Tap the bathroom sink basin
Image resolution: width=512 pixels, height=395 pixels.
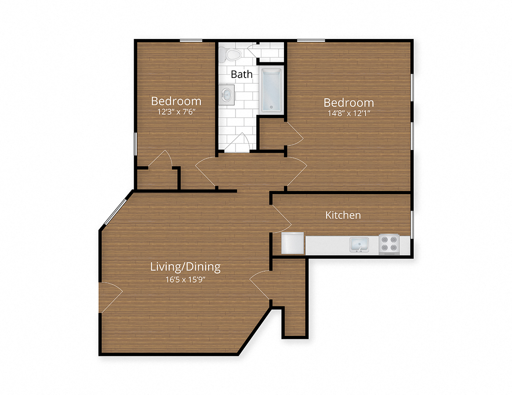(x=227, y=95)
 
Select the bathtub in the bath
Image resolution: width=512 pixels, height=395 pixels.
(x=271, y=90)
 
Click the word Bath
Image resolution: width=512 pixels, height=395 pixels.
(x=242, y=74)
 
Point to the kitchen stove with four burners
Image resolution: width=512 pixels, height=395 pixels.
(x=389, y=244)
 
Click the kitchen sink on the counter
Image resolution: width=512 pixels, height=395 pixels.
(x=359, y=244)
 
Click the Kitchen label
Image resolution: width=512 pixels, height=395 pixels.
(x=343, y=215)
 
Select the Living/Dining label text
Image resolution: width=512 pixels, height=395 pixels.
(x=185, y=266)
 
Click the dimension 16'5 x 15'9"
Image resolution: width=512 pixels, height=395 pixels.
(x=185, y=278)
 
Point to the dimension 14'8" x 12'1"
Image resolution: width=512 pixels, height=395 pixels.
(x=349, y=113)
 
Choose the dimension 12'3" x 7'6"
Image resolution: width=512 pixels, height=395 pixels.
(x=176, y=112)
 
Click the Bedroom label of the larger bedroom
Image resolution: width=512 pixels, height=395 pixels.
(x=349, y=103)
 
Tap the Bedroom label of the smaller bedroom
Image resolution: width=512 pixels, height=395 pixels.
(x=176, y=101)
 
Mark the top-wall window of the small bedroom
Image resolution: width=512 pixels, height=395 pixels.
(x=190, y=41)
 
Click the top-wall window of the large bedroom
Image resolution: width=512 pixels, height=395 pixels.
(x=311, y=41)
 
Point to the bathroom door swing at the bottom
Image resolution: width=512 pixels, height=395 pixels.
(x=240, y=143)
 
